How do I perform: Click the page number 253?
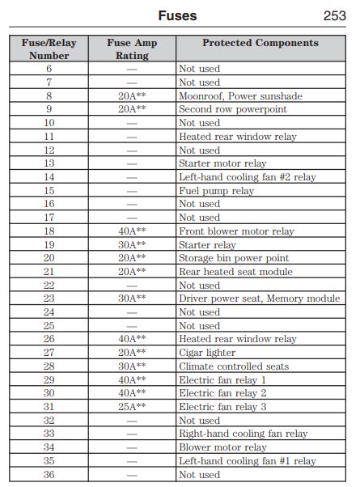(x=334, y=15)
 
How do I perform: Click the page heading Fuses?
(x=176, y=15)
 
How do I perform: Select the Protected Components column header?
(x=260, y=43)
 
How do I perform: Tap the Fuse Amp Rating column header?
(x=131, y=49)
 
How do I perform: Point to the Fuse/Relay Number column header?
(x=49, y=49)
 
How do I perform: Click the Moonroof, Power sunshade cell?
(x=240, y=96)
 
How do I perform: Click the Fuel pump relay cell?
(x=216, y=191)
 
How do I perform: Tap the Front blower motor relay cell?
(x=236, y=231)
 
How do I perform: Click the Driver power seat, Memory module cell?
(x=259, y=299)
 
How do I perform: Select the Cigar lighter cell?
(x=207, y=353)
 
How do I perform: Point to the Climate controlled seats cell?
(x=233, y=366)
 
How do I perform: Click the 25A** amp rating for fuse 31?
(x=131, y=407)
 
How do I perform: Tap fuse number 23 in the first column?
(x=49, y=299)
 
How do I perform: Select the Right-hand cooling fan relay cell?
(x=243, y=434)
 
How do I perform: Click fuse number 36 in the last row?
(x=49, y=475)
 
